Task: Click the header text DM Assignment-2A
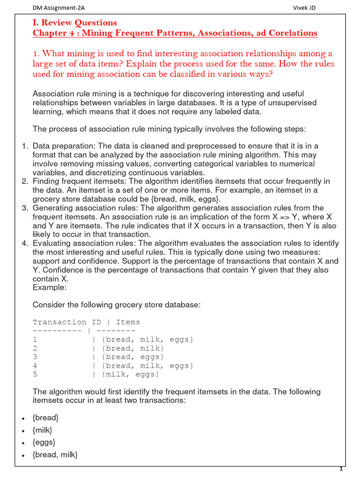[x=59, y=8]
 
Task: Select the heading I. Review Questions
[x=75, y=22]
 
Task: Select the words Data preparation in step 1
[x=59, y=146]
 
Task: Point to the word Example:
[x=50, y=287]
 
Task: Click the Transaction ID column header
[x=60, y=322]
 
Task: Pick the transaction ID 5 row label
[x=35, y=374]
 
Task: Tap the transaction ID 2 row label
[x=35, y=348]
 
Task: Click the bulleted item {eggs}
[x=44, y=442]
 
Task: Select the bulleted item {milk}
[x=43, y=430]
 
